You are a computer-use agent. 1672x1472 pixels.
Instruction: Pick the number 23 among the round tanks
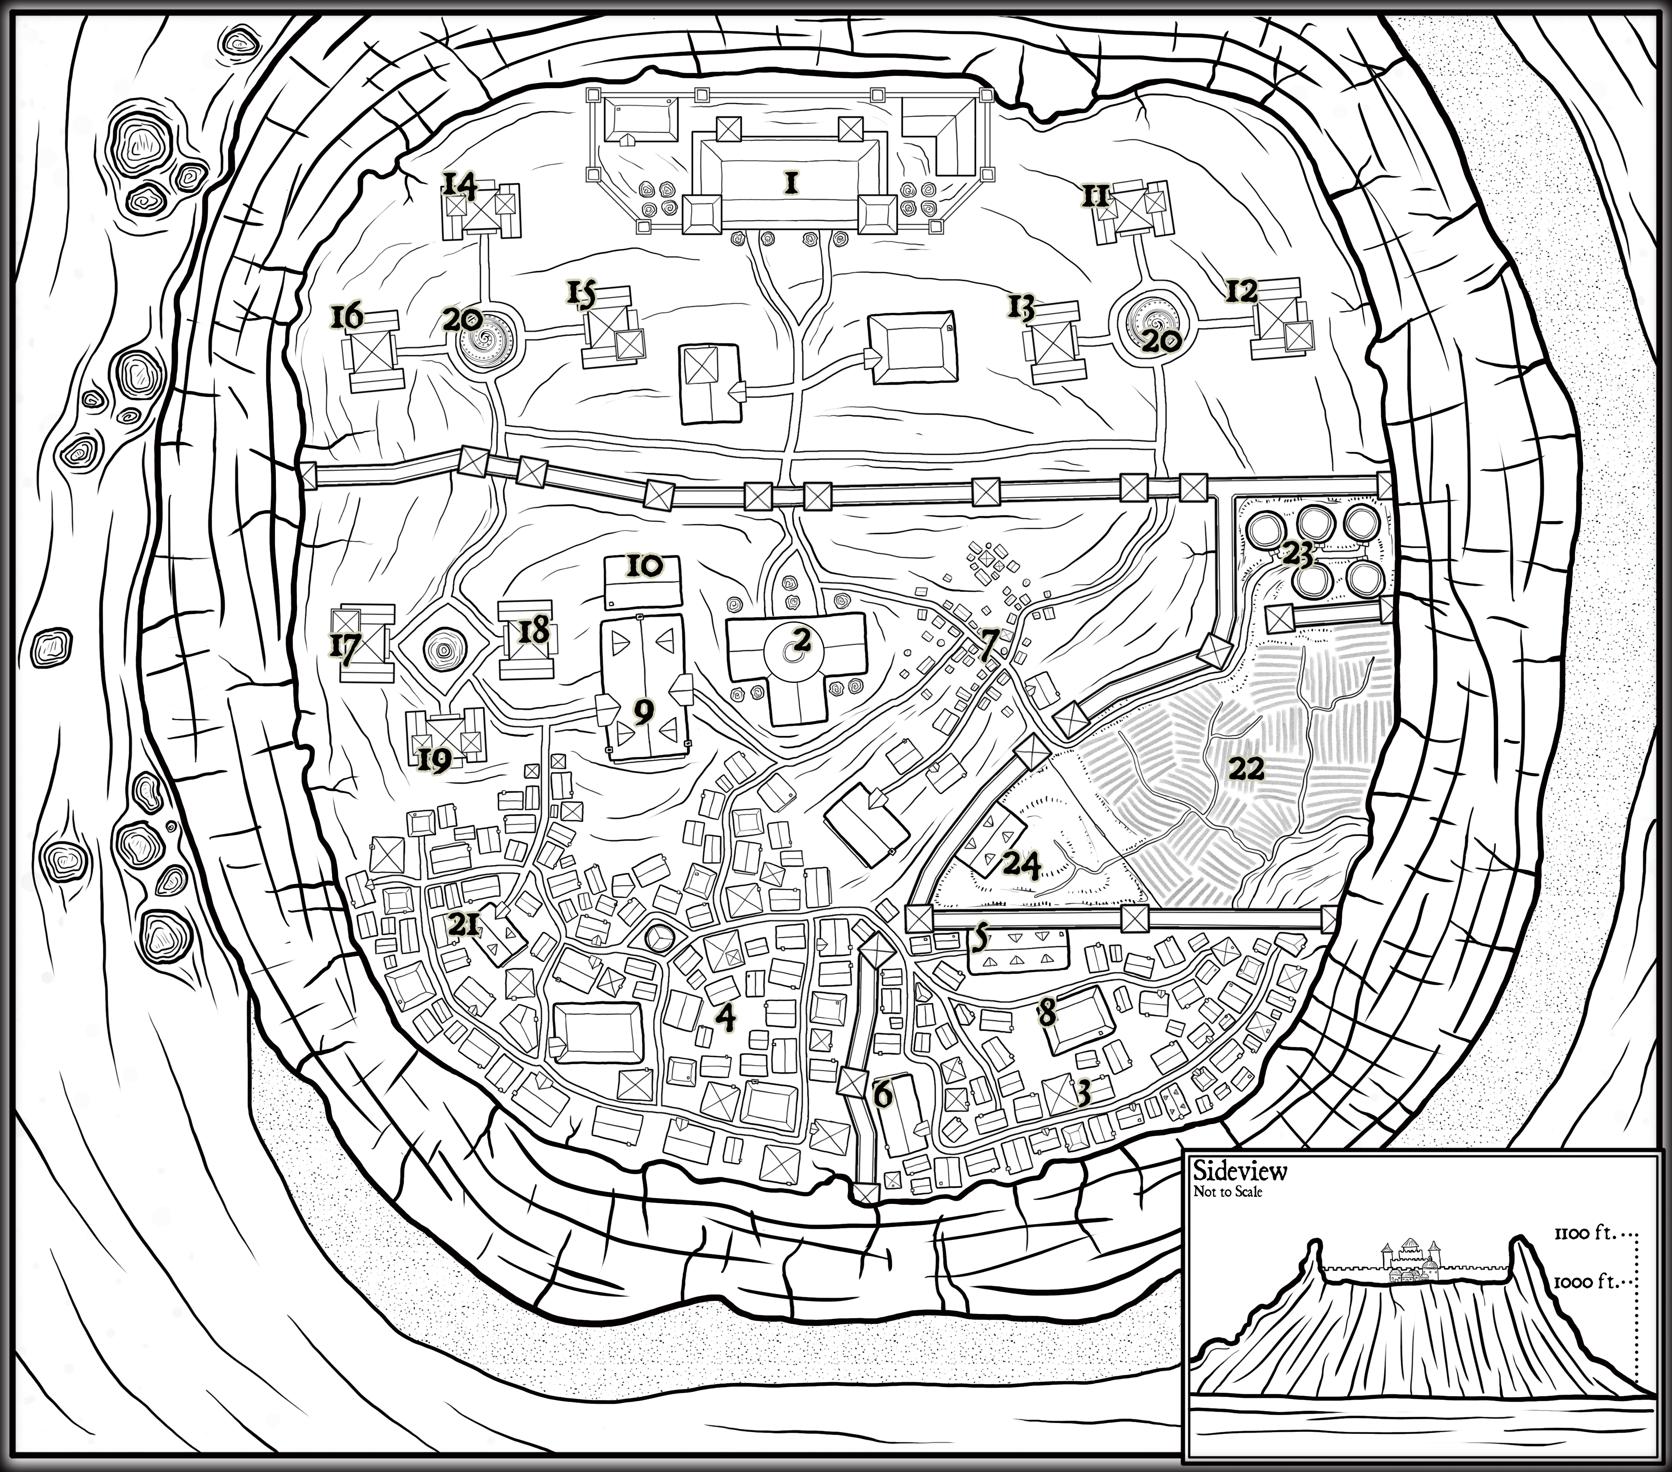point(1297,556)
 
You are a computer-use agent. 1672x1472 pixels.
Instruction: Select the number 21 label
point(464,925)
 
